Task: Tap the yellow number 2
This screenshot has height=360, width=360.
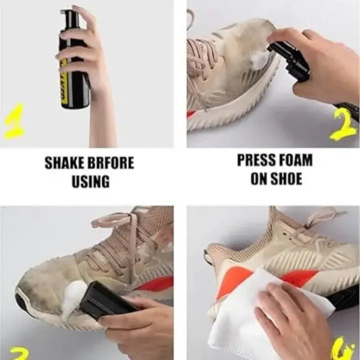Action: tap(342, 125)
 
